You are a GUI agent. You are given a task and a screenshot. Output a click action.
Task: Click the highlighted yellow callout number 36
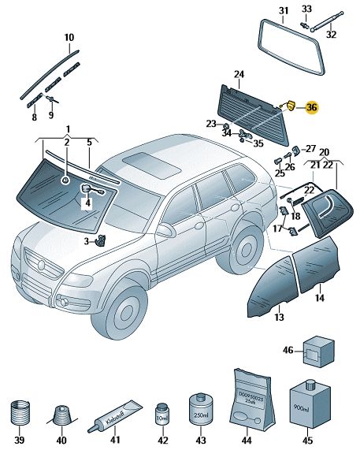(312, 107)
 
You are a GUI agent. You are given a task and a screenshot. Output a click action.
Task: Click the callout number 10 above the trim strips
(69, 37)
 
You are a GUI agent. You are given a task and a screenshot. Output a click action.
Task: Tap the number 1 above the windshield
(68, 128)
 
